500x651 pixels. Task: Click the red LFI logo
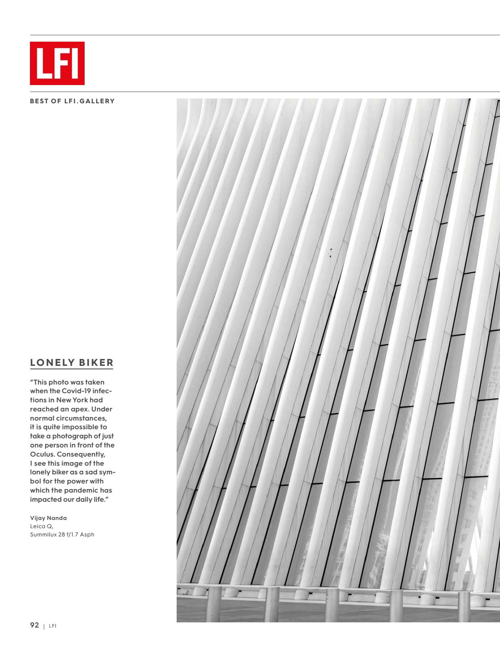coord(57,63)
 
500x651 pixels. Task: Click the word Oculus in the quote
coord(41,454)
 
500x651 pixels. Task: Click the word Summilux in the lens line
coord(44,534)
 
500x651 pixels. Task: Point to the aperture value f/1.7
coord(74,534)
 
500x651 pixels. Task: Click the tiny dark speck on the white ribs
coord(331,253)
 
